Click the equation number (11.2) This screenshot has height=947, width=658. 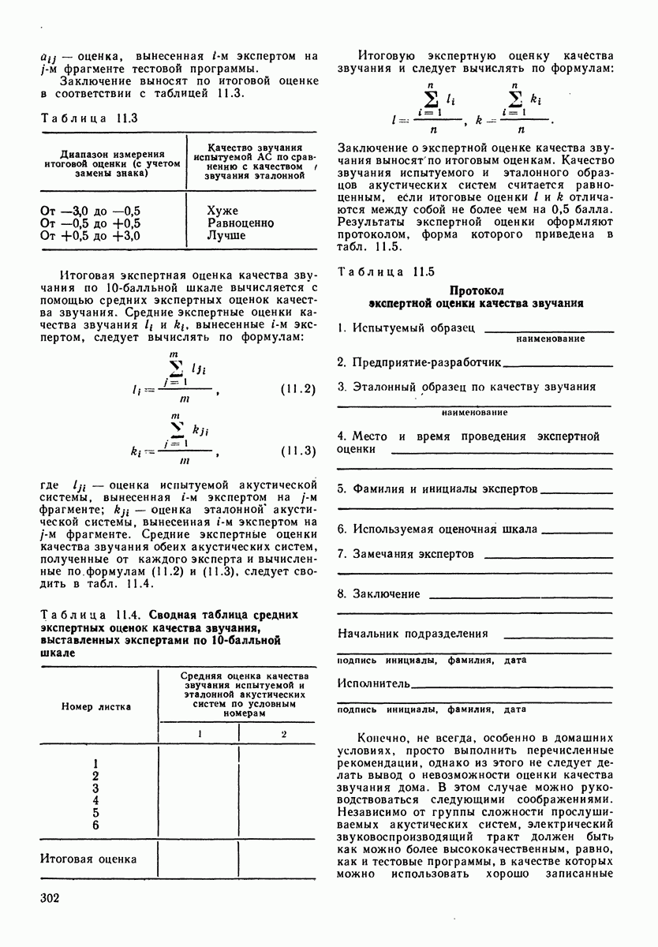pyautogui.click(x=298, y=390)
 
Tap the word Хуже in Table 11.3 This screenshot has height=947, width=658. pyautogui.click(x=222, y=211)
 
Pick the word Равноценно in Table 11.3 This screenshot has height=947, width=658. pyautogui.click(x=241, y=223)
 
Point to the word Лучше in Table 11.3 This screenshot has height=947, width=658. pyautogui.click(x=226, y=235)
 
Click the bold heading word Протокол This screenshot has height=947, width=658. pyautogui.click(x=476, y=290)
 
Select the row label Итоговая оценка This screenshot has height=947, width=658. pyautogui.click(x=88, y=859)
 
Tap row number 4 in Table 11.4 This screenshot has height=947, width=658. pyautogui.click(x=95, y=800)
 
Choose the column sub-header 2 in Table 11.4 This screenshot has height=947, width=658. pyautogui.click(x=283, y=734)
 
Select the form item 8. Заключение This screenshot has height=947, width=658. pyautogui.click(x=379, y=593)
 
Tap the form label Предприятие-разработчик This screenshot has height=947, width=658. pyautogui.click(x=420, y=362)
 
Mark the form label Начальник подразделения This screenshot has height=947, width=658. pyautogui.click(x=413, y=633)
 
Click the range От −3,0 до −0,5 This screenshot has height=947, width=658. pyautogui.click(x=90, y=211)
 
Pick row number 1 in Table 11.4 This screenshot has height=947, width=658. pyautogui.click(x=95, y=763)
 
